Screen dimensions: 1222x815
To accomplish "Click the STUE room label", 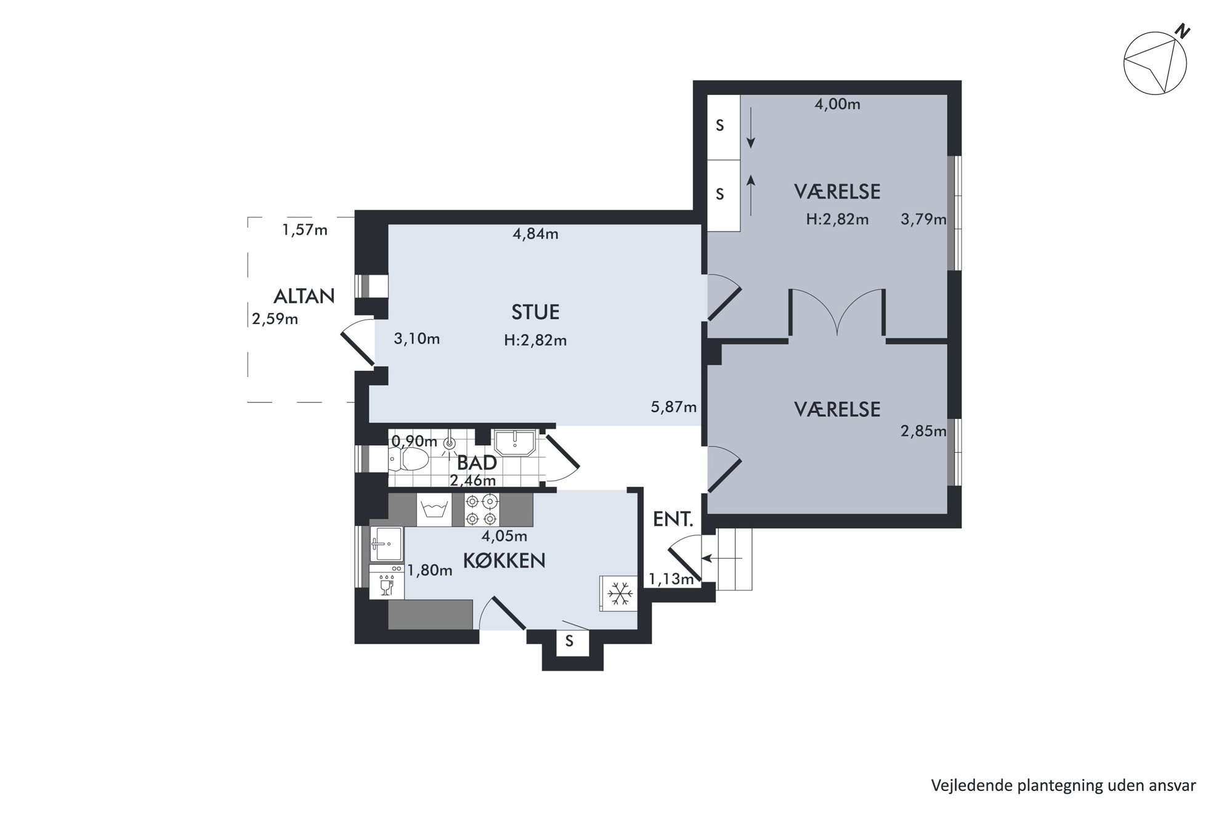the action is [535, 312].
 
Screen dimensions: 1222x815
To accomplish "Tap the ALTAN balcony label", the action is [304, 296].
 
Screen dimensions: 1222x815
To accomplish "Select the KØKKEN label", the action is [504, 561].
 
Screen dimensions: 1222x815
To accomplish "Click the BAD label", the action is [477, 463].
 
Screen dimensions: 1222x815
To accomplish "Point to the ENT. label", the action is [673, 519].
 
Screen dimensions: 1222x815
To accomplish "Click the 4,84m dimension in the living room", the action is [535, 234].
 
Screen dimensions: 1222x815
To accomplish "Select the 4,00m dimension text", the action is [837, 104].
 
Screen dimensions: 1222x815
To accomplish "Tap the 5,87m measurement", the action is [674, 407].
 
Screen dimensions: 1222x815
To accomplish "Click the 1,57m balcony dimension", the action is [305, 230].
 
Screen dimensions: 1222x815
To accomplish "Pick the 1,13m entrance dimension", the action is [671, 578].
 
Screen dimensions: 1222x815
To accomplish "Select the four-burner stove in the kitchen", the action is [482, 509].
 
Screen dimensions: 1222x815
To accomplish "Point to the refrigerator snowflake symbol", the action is [618, 594].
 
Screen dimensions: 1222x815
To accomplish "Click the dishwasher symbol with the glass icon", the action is [387, 582].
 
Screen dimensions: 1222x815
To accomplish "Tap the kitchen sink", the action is [386, 544].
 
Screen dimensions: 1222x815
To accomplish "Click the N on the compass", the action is [1182, 31].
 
